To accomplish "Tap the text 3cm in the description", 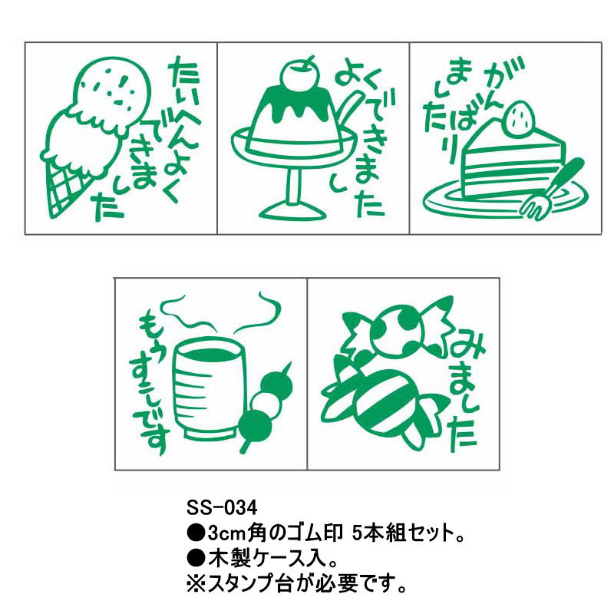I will click(218, 530).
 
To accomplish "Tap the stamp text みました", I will click(464, 387).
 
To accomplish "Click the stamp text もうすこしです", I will click(153, 384).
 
